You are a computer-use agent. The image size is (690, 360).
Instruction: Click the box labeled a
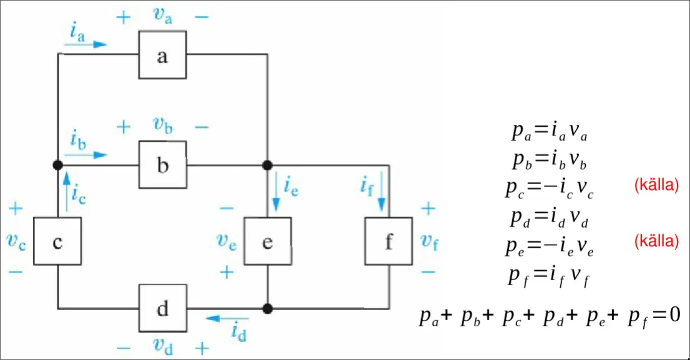click(162, 56)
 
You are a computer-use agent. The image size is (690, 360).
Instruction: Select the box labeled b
click(162, 165)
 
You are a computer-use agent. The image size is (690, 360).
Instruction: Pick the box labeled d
click(162, 307)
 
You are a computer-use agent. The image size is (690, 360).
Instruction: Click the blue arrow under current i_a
click(86, 45)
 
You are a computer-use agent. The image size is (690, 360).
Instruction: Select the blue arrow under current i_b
click(86, 154)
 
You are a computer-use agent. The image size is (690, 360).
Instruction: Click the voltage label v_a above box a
click(162, 17)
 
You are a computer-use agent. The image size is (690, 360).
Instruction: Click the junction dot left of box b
click(57, 165)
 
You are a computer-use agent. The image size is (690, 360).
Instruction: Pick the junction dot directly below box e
click(267, 308)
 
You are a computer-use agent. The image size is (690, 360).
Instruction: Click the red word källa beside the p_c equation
click(656, 185)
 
